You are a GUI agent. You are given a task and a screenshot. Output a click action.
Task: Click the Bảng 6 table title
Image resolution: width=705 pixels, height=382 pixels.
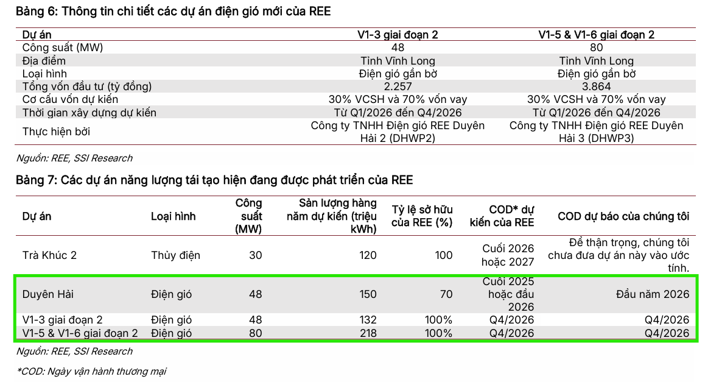(x=173, y=12)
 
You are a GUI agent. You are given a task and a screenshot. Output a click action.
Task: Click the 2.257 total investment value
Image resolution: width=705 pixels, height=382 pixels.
(x=398, y=87)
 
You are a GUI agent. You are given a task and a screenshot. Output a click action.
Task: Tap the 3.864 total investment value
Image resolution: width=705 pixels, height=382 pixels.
(x=597, y=87)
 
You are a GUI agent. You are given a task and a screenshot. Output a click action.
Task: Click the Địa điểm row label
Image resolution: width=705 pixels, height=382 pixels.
(x=44, y=61)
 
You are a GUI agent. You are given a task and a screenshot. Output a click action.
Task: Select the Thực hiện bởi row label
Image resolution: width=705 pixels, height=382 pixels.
(x=56, y=132)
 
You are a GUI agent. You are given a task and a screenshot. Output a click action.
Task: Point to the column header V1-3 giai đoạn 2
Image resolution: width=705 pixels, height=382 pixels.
(x=398, y=35)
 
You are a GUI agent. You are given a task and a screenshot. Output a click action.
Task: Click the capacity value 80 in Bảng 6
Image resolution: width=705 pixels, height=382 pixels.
(x=597, y=48)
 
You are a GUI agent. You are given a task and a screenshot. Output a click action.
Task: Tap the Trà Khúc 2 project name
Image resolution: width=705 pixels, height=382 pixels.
(x=49, y=255)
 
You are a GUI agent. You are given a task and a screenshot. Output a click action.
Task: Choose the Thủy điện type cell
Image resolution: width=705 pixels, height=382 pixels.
(x=175, y=255)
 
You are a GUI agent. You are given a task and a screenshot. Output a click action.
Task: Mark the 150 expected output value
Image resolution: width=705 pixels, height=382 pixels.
(x=368, y=294)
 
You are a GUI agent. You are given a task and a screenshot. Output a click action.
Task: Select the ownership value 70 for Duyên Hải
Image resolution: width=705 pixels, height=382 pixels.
(x=446, y=294)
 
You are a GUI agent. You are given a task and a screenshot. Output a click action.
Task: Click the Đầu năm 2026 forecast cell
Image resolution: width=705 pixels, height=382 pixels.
(x=653, y=294)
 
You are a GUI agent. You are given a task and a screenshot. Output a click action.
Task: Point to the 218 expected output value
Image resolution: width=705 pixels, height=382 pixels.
(x=368, y=333)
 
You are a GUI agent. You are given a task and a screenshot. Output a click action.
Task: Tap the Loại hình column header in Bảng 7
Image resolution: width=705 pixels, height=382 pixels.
(x=173, y=216)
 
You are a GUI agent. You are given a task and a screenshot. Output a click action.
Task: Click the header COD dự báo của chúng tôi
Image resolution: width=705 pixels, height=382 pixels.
(x=623, y=216)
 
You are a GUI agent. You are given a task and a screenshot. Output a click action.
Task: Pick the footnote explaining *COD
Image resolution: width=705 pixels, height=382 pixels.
(x=91, y=371)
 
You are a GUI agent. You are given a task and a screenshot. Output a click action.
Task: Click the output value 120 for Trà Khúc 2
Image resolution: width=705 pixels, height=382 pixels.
(x=368, y=255)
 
